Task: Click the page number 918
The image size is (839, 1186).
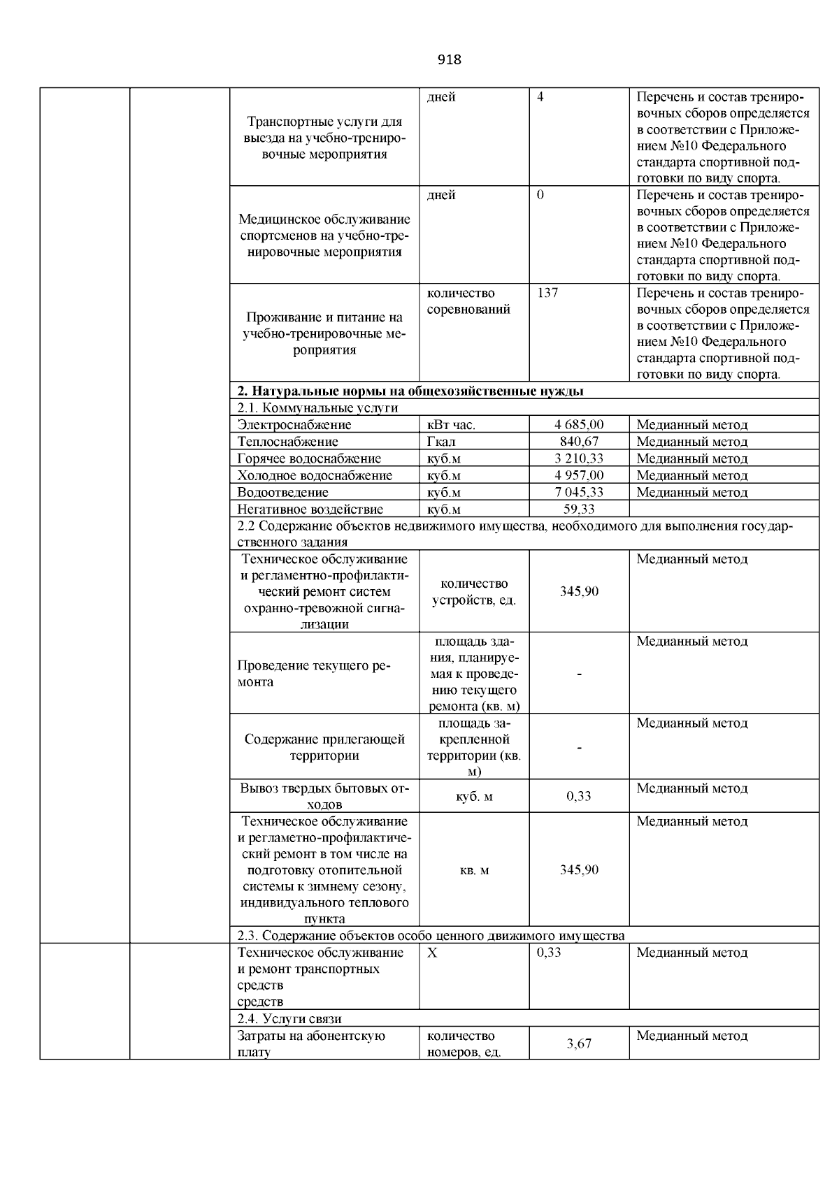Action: pos(449,59)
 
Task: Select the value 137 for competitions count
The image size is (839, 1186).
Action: pos(547,293)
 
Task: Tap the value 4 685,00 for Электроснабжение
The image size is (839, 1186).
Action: pos(579,425)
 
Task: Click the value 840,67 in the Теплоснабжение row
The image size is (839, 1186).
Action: pos(579,442)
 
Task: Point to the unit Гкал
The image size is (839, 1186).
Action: pos(441,442)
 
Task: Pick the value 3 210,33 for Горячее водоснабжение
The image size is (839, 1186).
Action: pos(579,458)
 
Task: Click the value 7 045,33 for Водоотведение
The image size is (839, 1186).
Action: pos(579,492)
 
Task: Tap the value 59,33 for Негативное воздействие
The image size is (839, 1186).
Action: pos(579,509)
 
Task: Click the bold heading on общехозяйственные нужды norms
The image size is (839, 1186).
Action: pos(410,391)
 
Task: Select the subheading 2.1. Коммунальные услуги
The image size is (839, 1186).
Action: pos(317,407)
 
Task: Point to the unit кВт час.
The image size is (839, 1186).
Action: pos(451,425)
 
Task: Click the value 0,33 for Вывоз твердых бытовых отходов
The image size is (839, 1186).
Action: pos(579,796)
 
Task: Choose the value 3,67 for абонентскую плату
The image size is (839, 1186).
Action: pos(579,1043)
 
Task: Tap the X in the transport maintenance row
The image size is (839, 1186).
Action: pos(432,953)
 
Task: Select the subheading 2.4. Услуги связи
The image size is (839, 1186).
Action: pos(289,1019)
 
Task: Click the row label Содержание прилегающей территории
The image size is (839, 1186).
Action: pos(324,747)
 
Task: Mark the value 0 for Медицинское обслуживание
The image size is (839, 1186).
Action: pos(540,195)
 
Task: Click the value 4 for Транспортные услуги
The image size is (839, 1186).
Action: pos(540,97)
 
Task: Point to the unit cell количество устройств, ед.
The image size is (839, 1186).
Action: pos(474,592)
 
